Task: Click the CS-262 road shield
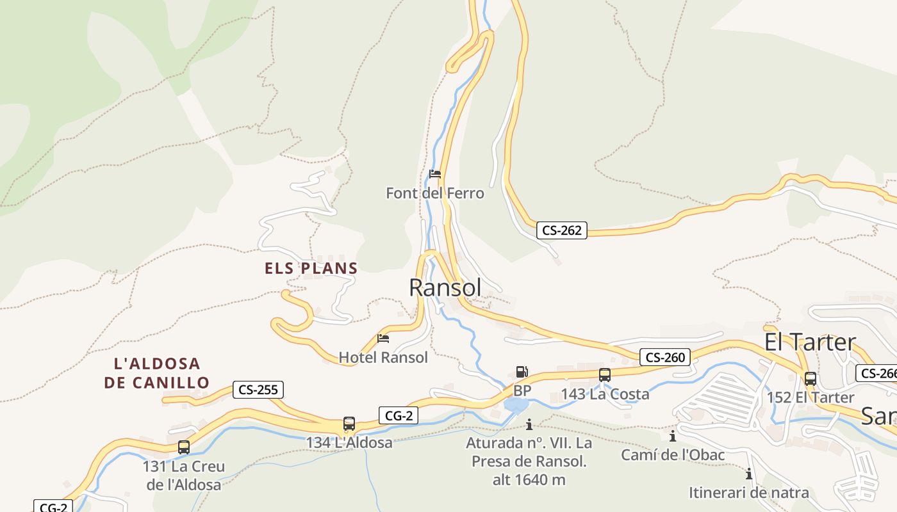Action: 562,230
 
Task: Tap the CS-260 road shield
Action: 665,357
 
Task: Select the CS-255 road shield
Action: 258,389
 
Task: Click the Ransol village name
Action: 445,288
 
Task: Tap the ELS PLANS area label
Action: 311,268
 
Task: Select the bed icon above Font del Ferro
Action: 435,174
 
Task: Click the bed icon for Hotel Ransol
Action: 383,339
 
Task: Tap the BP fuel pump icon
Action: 522,372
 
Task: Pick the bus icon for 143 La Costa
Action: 605,375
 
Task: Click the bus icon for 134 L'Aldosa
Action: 349,424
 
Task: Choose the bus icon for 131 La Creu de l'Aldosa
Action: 184,447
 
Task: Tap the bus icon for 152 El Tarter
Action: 811,378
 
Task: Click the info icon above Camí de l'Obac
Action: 673,436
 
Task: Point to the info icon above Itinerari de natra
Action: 748,474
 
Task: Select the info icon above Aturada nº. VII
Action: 529,424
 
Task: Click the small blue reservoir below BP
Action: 516,405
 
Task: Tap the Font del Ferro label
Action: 435,193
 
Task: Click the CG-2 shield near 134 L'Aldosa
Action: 399,416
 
